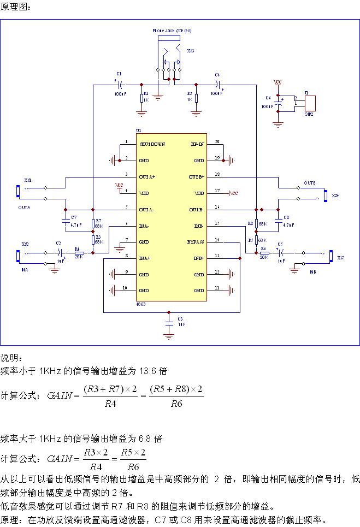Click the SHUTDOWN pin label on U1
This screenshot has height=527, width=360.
[x=152, y=144]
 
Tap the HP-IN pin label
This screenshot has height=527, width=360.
[x=197, y=144]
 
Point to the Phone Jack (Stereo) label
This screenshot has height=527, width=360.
[x=172, y=31]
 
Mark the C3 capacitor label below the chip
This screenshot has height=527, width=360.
[x=180, y=318]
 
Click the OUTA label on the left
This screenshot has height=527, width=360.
[x=24, y=208]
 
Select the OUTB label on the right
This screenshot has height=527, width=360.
[x=310, y=183]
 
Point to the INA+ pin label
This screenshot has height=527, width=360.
[x=145, y=258]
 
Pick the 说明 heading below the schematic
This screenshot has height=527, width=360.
[x=11, y=358]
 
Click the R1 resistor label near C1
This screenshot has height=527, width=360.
[x=145, y=93]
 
